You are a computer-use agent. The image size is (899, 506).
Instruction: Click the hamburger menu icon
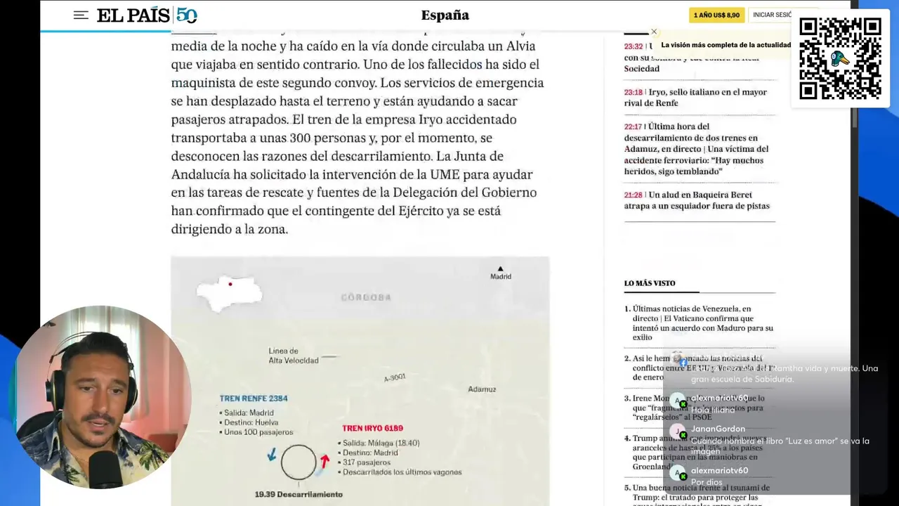pyautogui.click(x=81, y=15)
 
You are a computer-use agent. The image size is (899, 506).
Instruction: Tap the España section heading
pyautogui.click(x=445, y=15)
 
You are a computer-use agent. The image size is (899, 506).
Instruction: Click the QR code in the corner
pyautogui.click(x=840, y=58)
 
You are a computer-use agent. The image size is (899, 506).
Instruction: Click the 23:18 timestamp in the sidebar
pyautogui.click(x=633, y=92)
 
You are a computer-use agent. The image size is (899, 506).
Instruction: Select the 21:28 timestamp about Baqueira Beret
pyautogui.click(x=633, y=195)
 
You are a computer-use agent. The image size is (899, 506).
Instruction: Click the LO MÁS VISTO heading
pyautogui.click(x=650, y=283)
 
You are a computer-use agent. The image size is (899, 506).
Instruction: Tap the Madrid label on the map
pyautogui.click(x=501, y=276)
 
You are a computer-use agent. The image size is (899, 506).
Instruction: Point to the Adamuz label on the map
pyautogui.click(x=482, y=389)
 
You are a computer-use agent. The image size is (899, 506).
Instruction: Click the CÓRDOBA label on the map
pyautogui.click(x=366, y=297)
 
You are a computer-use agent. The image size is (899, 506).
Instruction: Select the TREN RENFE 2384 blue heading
pyautogui.click(x=254, y=398)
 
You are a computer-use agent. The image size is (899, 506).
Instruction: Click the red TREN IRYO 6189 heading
pyautogui.click(x=372, y=428)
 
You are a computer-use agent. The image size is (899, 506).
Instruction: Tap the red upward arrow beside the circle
pyautogui.click(x=324, y=461)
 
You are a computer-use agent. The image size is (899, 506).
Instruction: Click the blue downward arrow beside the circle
pyautogui.click(x=272, y=456)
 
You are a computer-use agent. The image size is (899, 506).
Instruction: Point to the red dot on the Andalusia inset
pyautogui.click(x=230, y=284)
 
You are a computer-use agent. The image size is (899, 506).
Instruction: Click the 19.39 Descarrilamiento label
pyautogui.click(x=298, y=494)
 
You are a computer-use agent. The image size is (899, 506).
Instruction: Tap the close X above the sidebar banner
pyautogui.click(x=654, y=32)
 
